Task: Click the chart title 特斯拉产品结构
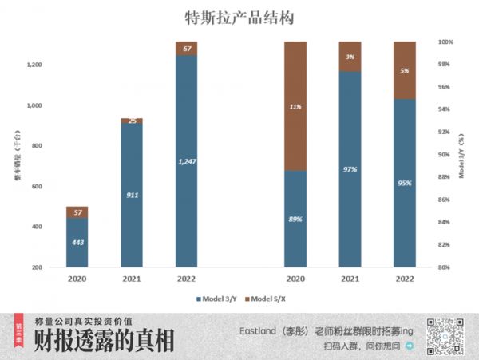(239, 18)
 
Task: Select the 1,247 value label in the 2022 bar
(187, 161)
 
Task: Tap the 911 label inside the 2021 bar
(132, 194)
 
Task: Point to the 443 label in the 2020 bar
(77, 243)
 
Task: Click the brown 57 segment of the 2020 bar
(77, 212)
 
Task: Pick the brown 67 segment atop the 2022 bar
(187, 49)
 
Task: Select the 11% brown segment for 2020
(296, 105)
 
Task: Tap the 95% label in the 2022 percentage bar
(405, 183)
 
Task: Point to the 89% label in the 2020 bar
(296, 219)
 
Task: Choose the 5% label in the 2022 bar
(405, 70)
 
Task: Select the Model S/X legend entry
(269, 299)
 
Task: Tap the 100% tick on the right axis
(445, 42)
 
